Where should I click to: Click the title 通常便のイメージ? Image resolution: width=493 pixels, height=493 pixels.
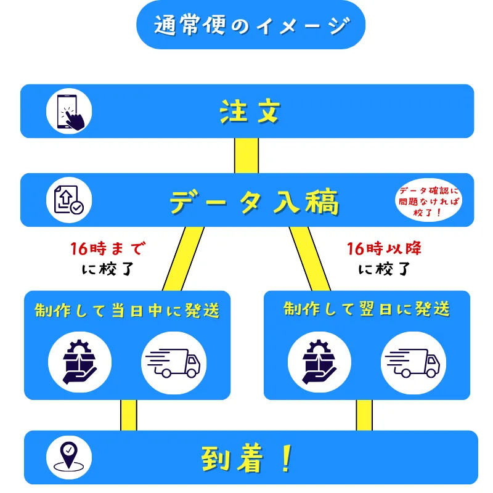click(250, 25)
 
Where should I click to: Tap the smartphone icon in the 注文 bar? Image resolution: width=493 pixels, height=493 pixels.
click(68, 111)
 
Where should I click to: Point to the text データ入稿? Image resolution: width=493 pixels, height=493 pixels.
click(254, 202)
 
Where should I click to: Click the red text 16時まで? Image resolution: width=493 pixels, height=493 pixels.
click(108, 249)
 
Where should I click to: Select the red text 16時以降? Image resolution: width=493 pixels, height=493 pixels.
click(385, 249)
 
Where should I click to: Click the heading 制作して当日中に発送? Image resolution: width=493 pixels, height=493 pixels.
click(127, 310)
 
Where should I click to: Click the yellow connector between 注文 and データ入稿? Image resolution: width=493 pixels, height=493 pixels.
click(246, 155)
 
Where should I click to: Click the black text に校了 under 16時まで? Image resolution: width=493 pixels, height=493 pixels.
click(108, 269)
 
